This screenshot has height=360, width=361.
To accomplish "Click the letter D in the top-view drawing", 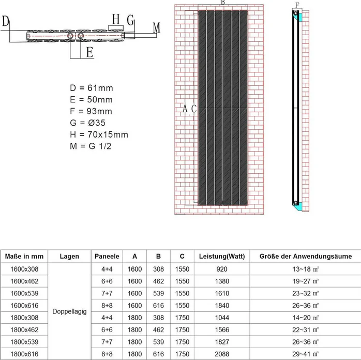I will (6, 21).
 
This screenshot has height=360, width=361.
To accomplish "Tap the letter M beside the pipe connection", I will (157, 27).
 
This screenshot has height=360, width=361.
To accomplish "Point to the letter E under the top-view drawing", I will (89, 52).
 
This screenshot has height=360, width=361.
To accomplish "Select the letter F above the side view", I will (297, 5).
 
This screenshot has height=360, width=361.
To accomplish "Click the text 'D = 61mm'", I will (91, 88).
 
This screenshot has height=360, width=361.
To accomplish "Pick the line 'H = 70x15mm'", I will (99, 134).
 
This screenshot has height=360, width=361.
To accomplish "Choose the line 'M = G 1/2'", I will (91, 146).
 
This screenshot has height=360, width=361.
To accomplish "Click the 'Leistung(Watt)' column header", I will (222, 256).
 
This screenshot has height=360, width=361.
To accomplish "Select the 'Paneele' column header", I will (107, 256).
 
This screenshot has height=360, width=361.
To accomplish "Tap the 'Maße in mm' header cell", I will (24, 256).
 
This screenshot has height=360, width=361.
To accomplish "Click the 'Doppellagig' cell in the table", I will (70, 311).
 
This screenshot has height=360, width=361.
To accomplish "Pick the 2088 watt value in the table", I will (222, 353).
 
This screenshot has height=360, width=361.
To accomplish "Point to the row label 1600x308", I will (24, 269).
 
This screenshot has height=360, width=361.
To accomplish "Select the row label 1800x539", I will (24, 341).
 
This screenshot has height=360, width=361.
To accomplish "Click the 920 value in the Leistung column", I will (222, 269).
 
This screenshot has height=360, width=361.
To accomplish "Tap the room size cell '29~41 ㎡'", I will (305, 353).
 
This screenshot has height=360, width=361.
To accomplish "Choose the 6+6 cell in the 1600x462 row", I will (107, 281).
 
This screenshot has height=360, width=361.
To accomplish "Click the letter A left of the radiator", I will (185, 109).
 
